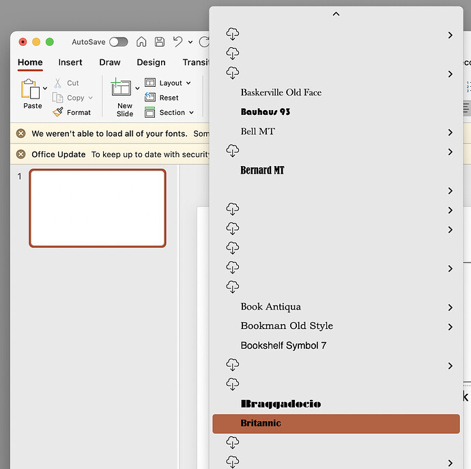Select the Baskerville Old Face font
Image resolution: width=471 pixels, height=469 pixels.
(281, 92)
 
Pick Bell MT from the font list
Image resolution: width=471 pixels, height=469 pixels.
(257, 131)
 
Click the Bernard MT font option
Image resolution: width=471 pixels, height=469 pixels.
(262, 170)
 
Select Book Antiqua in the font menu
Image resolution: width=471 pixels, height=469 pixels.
(270, 307)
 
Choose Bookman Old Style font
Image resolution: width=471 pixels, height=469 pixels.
(287, 326)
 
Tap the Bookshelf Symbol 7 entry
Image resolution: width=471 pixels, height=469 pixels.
(283, 346)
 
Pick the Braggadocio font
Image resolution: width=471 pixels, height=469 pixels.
(281, 404)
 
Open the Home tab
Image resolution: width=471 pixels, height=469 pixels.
(30, 62)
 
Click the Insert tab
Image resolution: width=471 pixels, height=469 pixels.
(70, 62)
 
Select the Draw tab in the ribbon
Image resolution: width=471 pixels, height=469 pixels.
(110, 62)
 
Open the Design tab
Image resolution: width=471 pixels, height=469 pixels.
(151, 62)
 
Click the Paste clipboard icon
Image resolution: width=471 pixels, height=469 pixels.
(31, 90)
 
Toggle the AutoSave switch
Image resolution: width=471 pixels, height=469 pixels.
(118, 42)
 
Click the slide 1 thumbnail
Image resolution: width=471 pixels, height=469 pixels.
(98, 208)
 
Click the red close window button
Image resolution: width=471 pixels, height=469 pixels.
(23, 42)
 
